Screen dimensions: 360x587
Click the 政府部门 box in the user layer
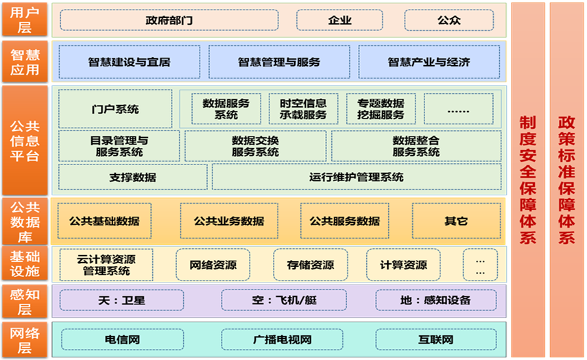(169, 20)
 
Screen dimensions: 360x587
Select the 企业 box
(339, 20)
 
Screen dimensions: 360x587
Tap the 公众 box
(448, 20)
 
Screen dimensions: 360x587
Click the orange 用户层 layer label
(25, 20)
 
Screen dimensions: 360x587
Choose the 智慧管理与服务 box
(279, 62)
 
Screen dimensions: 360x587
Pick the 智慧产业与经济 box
(429, 62)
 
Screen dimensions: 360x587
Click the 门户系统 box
(115, 109)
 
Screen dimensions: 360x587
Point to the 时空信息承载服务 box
(303, 109)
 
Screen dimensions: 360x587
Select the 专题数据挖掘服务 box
(381, 109)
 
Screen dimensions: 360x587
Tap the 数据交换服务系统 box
(255, 146)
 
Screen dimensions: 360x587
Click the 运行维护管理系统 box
(356, 177)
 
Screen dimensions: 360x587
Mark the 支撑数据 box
(132, 177)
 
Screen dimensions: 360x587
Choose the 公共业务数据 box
(228, 221)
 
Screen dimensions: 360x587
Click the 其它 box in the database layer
(455, 221)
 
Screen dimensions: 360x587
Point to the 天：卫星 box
(122, 300)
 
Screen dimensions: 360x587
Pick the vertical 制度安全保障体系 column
(527, 180)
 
